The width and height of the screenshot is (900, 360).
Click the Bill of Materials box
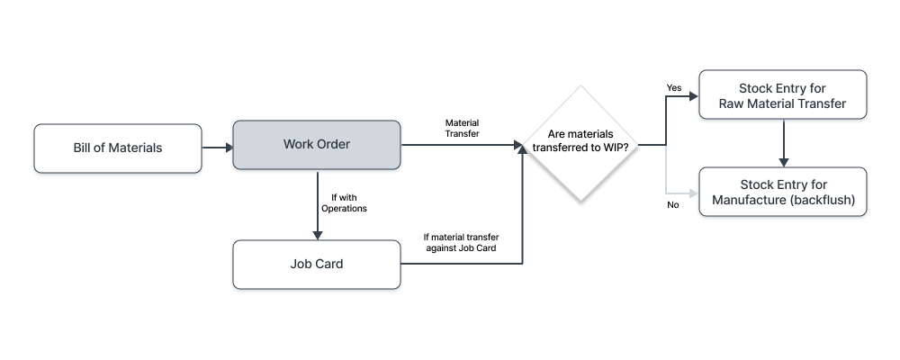click(118, 148)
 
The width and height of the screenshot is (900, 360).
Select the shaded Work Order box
click(317, 144)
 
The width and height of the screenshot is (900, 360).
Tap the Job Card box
click(317, 265)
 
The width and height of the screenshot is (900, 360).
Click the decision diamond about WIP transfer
click(580, 144)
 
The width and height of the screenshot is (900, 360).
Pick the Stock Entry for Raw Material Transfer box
click(782, 95)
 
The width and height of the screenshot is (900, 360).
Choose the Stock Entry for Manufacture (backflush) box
click(782, 192)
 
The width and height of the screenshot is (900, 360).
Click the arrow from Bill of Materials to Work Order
click(217, 146)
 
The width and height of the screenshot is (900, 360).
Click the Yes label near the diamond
click(673, 87)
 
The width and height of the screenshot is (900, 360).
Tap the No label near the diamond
click(672, 205)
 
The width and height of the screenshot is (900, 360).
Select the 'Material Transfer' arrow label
click(462, 127)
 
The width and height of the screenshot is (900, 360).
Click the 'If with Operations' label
click(344, 202)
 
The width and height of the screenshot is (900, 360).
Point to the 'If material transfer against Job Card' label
click(461, 242)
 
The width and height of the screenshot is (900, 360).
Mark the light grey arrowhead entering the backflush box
click(693, 193)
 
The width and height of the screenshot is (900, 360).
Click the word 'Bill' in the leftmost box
click(85, 148)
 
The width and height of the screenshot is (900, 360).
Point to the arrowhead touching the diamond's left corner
click(519, 145)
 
